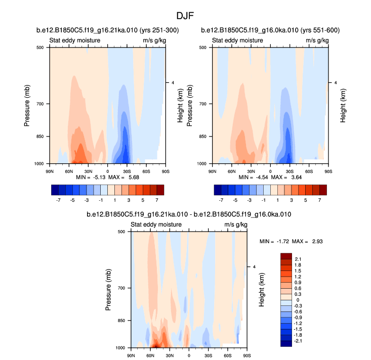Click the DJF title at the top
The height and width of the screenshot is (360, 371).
click(x=185, y=16)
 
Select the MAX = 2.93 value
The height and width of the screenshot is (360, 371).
click(x=312, y=241)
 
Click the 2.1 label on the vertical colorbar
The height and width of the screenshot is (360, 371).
click(x=298, y=259)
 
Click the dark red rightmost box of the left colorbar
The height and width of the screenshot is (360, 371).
click(x=160, y=190)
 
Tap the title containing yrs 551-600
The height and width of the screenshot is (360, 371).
click(x=270, y=31)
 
